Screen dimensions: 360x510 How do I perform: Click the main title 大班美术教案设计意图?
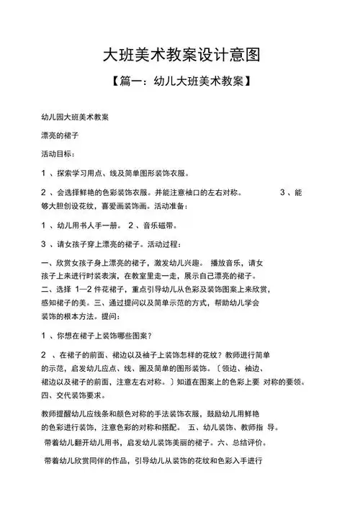(x=179, y=55)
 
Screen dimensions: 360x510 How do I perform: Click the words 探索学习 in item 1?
(x=75, y=174)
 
